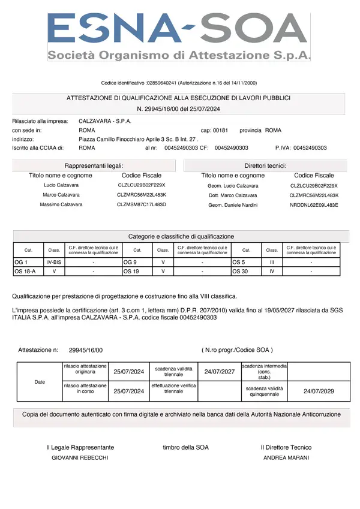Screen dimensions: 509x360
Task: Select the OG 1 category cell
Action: [x=22, y=262]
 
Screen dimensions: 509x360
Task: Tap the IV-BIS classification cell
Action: [x=54, y=262]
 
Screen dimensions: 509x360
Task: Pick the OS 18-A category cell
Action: [x=25, y=271]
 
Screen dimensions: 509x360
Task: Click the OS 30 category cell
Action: [x=240, y=271]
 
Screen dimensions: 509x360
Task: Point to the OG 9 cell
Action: [x=130, y=262]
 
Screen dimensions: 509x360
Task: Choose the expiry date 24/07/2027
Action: [x=219, y=372]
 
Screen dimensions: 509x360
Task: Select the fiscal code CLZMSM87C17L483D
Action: [x=141, y=205]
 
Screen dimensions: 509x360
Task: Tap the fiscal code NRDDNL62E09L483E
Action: [x=314, y=205]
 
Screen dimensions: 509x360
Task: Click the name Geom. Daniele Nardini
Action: [x=233, y=205]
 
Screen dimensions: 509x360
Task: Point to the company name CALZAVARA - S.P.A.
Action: [x=105, y=121]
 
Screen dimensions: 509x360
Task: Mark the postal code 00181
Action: [x=221, y=130]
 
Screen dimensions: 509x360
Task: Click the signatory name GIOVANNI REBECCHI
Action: [x=80, y=457]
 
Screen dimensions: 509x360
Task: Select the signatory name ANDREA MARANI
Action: [x=286, y=457]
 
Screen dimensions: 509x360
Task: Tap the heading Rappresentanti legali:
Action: [x=94, y=165]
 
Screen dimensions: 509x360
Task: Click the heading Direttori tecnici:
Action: [x=265, y=165]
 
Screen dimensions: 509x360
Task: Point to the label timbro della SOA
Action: [x=185, y=447]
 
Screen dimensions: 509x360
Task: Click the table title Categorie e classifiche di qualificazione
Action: [x=181, y=236]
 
